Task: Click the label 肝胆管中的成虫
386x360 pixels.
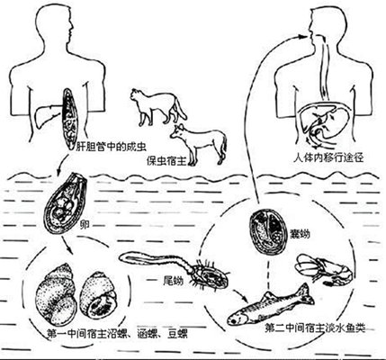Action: click(x=110, y=148)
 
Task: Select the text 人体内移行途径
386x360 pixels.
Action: click(x=328, y=157)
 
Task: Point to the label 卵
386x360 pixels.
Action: click(x=85, y=225)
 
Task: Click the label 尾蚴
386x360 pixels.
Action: click(x=173, y=281)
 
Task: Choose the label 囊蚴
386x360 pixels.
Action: click(x=301, y=234)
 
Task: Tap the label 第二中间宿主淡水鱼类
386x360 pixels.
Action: click(x=315, y=328)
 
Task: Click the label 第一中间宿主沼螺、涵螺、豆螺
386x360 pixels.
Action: click(x=118, y=333)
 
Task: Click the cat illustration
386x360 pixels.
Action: click(x=158, y=106)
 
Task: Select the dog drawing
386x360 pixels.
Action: click(x=199, y=145)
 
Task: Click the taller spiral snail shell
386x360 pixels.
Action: click(x=57, y=295)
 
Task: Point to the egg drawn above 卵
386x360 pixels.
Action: click(x=65, y=204)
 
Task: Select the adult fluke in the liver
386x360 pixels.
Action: click(x=70, y=119)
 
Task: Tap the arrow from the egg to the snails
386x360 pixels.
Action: click(x=67, y=245)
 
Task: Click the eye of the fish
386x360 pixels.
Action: click(x=233, y=321)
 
